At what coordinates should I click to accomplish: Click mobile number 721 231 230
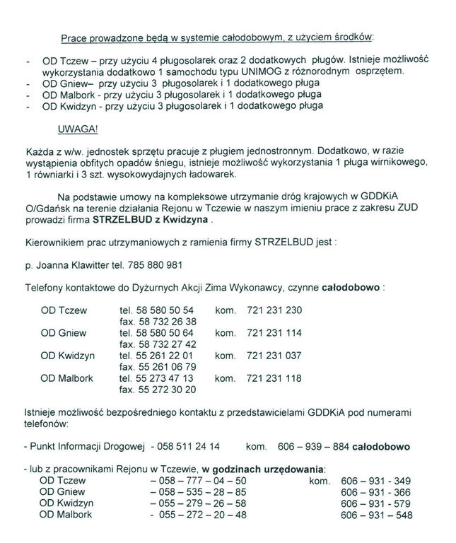click(274, 310)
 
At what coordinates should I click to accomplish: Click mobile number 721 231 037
click(274, 355)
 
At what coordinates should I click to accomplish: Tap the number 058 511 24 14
click(188, 447)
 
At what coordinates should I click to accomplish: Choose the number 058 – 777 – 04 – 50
click(199, 480)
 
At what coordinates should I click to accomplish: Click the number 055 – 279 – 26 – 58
click(199, 503)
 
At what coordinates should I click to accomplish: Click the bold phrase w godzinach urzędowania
click(264, 469)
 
